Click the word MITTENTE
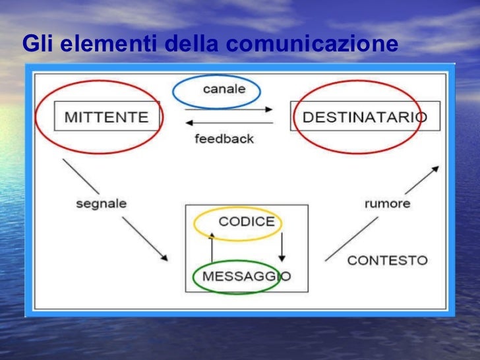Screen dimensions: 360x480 (106, 117)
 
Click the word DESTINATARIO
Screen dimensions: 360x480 (364, 117)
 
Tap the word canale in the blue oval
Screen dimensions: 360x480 (224, 89)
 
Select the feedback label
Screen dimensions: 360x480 (224, 139)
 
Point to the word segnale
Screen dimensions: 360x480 (101, 203)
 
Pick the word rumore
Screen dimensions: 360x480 (388, 203)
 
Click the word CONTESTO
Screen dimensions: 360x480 (387, 260)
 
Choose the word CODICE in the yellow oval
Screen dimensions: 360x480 (246, 222)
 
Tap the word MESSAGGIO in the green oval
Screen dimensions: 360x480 (246, 276)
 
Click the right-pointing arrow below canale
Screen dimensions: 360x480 (229, 109)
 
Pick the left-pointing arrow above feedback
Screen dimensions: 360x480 (229, 123)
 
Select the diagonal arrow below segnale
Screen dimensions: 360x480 (144, 238)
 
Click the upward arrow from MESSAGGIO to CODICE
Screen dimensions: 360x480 (212, 248)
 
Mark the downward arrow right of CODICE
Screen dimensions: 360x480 (282, 248)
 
